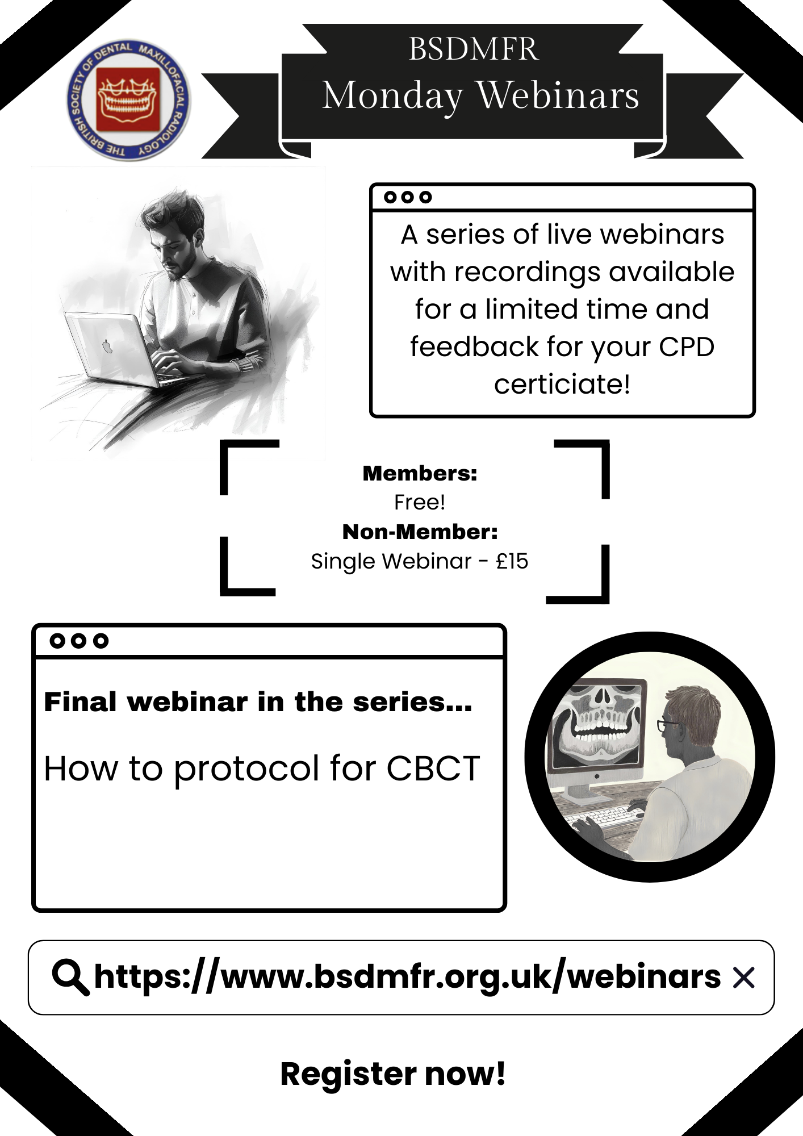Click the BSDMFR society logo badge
[129, 101]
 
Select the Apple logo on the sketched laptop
[107, 346]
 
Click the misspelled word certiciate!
[562, 384]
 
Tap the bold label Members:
[420, 473]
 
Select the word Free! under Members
[420, 502]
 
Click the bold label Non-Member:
[420, 532]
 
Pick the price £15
[512, 561]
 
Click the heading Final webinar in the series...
[258, 702]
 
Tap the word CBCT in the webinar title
[433, 769]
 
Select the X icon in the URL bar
[743, 978]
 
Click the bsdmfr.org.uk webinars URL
[407, 977]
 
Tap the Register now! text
[392, 1074]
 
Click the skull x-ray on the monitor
[597, 725]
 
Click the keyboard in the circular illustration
[602, 816]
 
